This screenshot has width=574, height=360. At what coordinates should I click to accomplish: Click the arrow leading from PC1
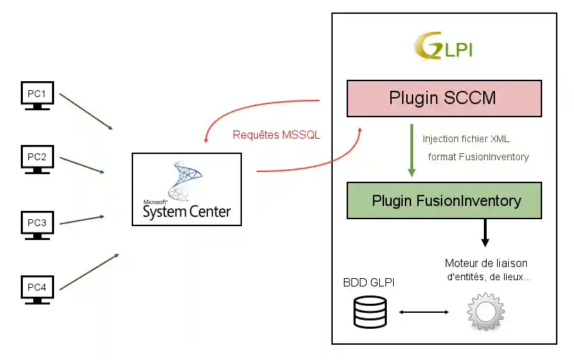86,111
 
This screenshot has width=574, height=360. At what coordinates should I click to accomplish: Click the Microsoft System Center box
186,189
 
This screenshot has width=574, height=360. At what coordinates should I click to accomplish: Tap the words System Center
186,212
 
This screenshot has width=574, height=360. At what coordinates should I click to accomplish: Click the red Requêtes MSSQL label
277,135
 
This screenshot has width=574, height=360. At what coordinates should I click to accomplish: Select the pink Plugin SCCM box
443,98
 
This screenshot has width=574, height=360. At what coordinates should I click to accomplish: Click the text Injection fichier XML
466,139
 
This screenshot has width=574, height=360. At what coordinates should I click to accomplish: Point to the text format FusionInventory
478,157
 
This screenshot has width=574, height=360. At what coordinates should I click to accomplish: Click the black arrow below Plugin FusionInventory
485,232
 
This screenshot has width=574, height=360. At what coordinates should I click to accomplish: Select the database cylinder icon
369,311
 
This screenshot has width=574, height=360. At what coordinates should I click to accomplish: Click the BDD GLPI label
369,282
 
